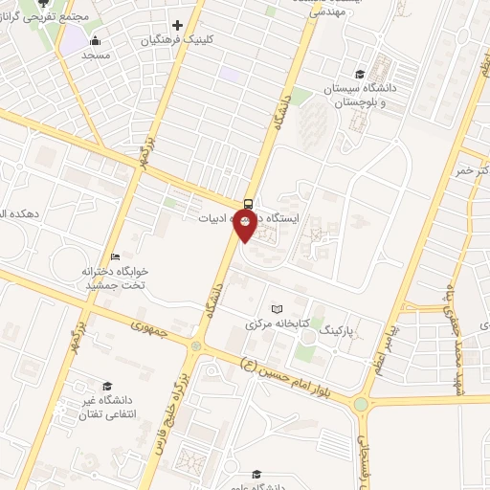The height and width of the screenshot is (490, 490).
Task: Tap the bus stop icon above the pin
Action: coord(248,202)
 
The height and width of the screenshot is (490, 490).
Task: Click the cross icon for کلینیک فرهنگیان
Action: coord(177,25)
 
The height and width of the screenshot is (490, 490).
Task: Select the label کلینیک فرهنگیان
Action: coord(178,41)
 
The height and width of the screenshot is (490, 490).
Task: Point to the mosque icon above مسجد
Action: coord(95,40)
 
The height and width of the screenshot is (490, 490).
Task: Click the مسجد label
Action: coord(96,56)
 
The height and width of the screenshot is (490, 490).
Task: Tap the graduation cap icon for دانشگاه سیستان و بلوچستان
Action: coord(359,75)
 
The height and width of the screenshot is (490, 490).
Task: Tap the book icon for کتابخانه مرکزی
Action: coord(277,310)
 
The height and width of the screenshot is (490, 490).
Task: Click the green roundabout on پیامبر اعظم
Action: coord(360,404)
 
